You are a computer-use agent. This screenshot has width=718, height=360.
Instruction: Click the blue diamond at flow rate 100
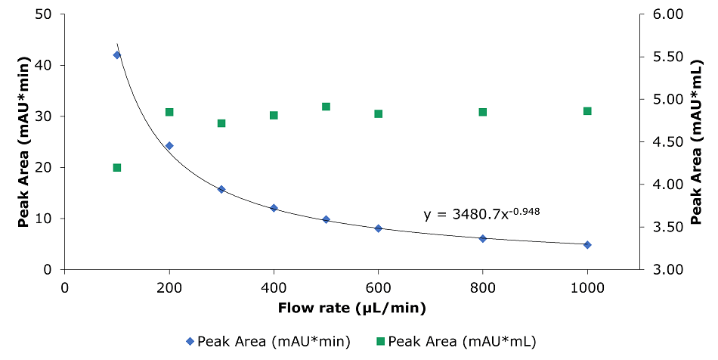tap(116, 55)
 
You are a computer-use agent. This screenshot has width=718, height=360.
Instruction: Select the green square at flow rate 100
tap(117, 168)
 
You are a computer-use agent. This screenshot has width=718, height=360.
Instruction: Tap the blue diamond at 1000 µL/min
tap(587, 245)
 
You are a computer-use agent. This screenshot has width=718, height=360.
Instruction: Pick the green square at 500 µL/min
tap(327, 107)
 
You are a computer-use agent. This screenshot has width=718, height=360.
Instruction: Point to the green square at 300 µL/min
tap(221, 123)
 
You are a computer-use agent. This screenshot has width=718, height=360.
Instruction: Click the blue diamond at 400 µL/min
tap(274, 208)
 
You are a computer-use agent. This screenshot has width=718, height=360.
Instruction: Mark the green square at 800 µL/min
tap(483, 112)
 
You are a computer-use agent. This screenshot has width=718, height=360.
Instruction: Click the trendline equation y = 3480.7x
tap(482, 214)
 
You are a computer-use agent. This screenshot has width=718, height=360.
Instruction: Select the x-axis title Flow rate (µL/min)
tap(352, 308)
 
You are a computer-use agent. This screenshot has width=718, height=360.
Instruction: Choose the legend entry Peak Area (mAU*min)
tap(268, 341)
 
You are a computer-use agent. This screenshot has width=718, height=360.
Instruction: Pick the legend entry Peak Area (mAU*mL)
tap(455, 341)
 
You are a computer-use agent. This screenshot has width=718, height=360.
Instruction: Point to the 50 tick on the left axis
tap(45, 14)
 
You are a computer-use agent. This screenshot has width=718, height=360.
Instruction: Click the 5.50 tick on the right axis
tap(667, 57)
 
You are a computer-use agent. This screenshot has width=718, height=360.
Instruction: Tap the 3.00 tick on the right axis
tap(667, 270)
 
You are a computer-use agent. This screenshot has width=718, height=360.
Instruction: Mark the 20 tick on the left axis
tap(45, 168)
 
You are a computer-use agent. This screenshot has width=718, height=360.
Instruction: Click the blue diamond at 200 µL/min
tap(169, 146)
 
